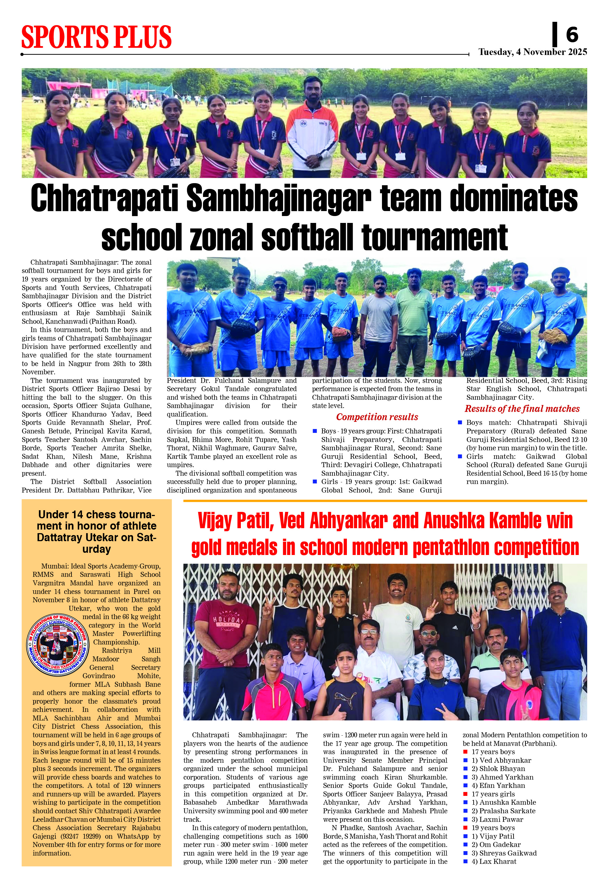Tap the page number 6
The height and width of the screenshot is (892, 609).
572,35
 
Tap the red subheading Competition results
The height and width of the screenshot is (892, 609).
377,417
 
